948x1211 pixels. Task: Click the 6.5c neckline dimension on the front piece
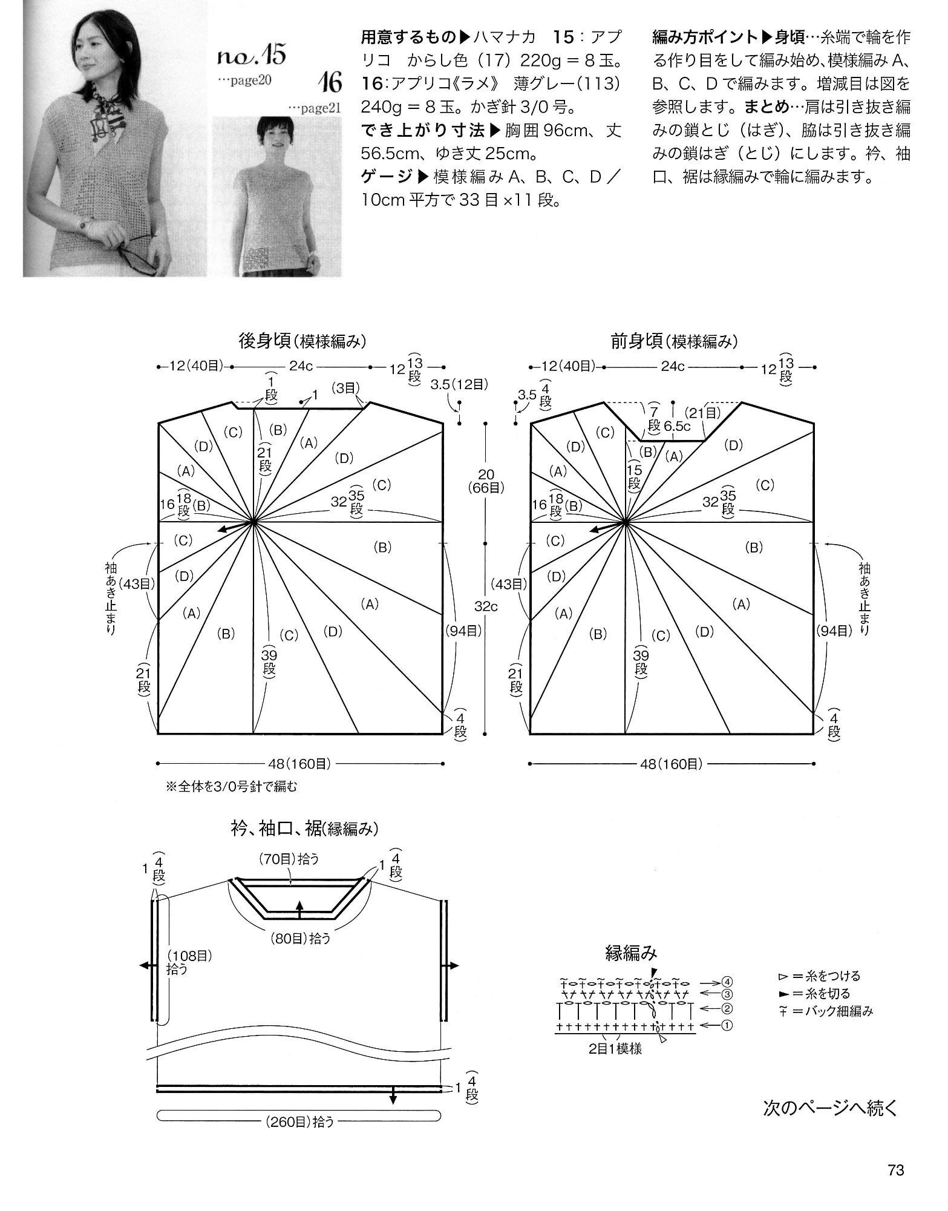(677, 426)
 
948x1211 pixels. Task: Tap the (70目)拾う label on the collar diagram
(289, 858)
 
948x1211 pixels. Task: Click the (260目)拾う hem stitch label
(299, 1121)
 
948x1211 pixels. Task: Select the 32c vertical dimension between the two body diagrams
(486, 606)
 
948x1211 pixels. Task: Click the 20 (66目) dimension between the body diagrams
(486, 481)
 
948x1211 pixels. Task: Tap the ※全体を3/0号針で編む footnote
(232, 787)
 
